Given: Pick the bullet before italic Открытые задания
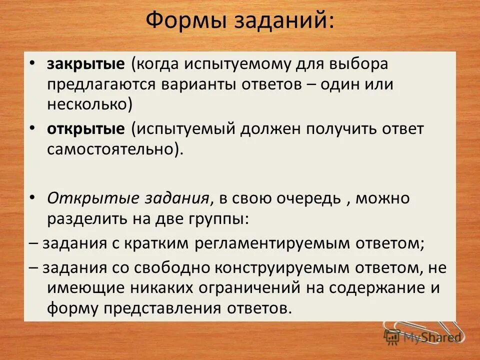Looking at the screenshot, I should (x=32, y=197).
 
